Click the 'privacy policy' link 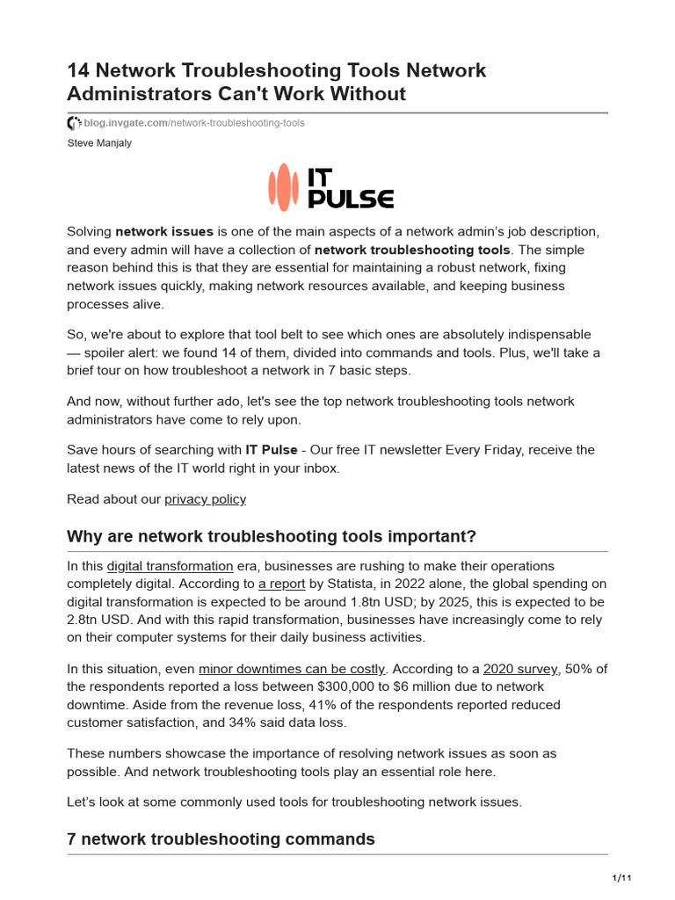205,499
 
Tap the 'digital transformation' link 170,566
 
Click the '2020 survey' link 521,669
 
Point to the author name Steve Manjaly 99,143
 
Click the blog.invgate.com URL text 194,123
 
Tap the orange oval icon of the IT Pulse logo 284,186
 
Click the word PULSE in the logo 351,199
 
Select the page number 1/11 621,878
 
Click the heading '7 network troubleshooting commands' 221,839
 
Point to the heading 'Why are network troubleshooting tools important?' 272,536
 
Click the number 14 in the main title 81,70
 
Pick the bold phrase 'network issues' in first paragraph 164,232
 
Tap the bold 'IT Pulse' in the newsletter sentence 272,450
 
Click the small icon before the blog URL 74,123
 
